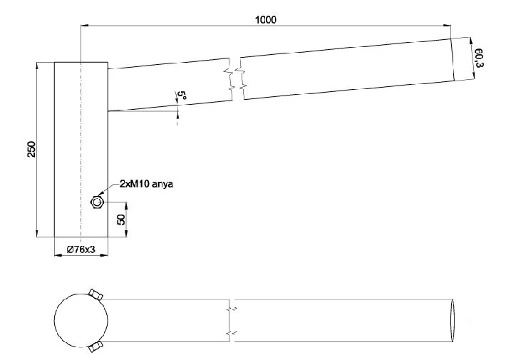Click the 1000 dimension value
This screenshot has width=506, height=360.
(x=266, y=20)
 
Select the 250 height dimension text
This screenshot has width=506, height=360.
(x=31, y=149)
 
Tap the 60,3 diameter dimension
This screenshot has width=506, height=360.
(x=479, y=58)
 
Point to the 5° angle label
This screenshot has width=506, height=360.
(x=182, y=96)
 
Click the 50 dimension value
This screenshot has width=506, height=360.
(x=121, y=220)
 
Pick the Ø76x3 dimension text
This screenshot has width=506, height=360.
(x=81, y=250)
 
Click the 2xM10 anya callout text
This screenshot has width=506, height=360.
(x=146, y=184)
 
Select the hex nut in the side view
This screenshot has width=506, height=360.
(x=96, y=202)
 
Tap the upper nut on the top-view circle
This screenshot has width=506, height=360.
(x=95, y=294)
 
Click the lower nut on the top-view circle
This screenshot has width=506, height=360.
(x=95, y=346)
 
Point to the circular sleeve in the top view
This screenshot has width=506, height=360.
(x=81, y=321)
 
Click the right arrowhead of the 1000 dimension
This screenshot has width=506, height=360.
(x=447, y=25)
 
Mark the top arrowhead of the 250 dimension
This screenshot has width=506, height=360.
(x=37, y=66)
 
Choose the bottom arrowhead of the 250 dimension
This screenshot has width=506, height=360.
(x=37, y=233)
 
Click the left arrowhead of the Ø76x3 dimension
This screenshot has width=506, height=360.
(x=58, y=255)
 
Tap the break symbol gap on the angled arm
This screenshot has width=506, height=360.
(x=236, y=79)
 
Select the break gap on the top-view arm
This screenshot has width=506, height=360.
(x=232, y=321)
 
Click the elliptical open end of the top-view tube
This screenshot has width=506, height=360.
(x=452, y=321)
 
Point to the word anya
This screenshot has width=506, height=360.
(x=162, y=185)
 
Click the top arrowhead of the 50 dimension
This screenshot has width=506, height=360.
(x=126, y=207)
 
